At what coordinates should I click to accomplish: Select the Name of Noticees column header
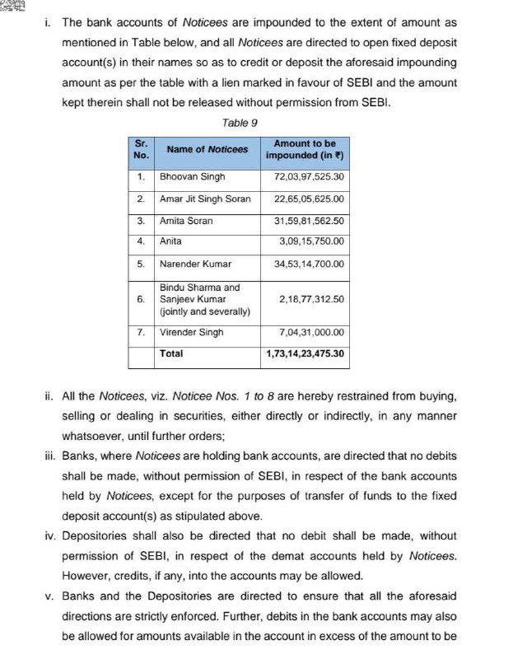[207, 149]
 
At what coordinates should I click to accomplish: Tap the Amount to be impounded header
[304, 149]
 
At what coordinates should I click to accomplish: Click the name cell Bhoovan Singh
[193, 177]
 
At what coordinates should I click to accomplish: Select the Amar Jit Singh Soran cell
[205, 199]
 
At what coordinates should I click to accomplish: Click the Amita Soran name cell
[186, 221]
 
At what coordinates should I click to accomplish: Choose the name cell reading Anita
[171, 241]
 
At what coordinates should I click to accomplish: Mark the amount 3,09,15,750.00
[311, 241]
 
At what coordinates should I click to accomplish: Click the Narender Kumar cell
[195, 264]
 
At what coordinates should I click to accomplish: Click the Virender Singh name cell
[192, 333]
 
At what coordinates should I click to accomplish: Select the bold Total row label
[171, 353]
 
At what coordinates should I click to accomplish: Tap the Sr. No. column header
[141, 149]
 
